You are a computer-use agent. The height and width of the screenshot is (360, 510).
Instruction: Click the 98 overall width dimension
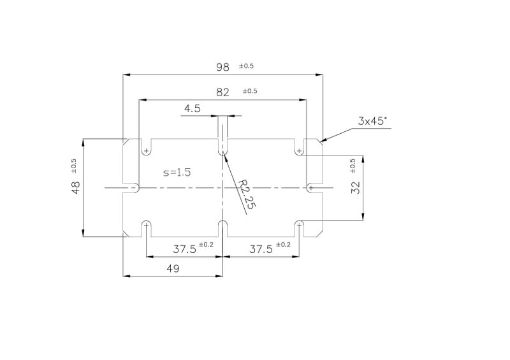coord(222,68)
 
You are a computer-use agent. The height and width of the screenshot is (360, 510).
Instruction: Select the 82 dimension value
coord(222,92)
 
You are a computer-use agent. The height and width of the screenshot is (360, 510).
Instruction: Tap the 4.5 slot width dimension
coord(193,108)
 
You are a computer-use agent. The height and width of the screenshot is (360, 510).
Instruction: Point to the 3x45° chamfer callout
coord(372,121)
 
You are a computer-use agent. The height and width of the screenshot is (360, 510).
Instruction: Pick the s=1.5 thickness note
coord(177,172)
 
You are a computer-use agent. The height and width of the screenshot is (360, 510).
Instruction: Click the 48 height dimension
coord(75,187)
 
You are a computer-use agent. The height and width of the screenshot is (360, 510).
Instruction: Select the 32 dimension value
coord(356,187)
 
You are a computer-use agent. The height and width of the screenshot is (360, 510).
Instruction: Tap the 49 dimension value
coord(173,269)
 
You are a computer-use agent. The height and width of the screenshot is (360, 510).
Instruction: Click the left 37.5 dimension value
coord(184,249)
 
